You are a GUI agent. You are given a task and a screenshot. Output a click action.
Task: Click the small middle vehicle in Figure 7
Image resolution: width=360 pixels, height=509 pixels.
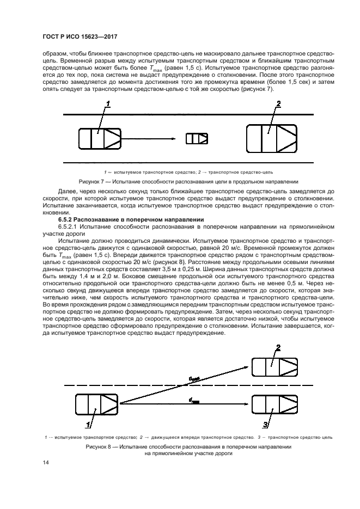(x=196, y=138)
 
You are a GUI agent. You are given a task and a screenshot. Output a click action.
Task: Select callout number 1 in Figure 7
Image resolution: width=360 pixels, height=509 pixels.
(x=108, y=103)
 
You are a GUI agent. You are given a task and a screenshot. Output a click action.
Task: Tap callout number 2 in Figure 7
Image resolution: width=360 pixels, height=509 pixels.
(x=278, y=103)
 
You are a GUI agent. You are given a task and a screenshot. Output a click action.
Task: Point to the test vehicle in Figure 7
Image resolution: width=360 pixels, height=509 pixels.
(x=99, y=138)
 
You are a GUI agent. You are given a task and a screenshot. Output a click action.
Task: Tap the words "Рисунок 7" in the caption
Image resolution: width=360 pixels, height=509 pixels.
(x=89, y=181)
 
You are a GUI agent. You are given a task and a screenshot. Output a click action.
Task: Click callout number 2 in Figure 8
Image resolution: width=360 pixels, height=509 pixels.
(x=278, y=348)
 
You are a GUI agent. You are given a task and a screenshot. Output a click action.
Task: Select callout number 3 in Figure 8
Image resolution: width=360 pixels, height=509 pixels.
(x=265, y=424)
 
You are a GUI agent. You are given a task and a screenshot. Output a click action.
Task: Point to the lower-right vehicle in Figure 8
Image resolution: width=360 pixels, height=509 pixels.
(x=270, y=403)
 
